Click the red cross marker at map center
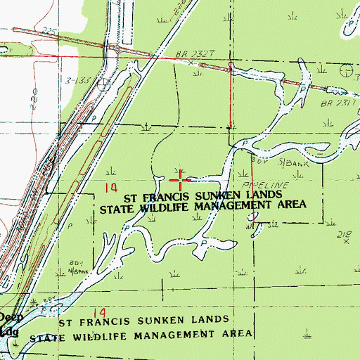pyautogui.click(x=181, y=181)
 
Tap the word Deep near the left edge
pyautogui.click(x=11, y=317)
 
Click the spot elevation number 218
pyautogui.click(x=344, y=232)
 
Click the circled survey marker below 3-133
pyautogui.click(x=104, y=80)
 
